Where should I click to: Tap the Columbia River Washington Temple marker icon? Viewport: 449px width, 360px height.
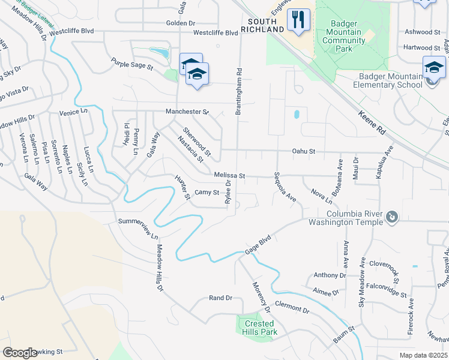391,216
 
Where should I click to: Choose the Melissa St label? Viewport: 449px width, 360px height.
229,175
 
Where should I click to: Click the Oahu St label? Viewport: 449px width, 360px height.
304,152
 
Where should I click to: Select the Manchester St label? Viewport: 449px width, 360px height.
187,112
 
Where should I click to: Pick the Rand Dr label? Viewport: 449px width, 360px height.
220,298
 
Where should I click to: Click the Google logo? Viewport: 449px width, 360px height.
19,353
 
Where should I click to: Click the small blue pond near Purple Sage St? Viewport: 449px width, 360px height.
159,52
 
